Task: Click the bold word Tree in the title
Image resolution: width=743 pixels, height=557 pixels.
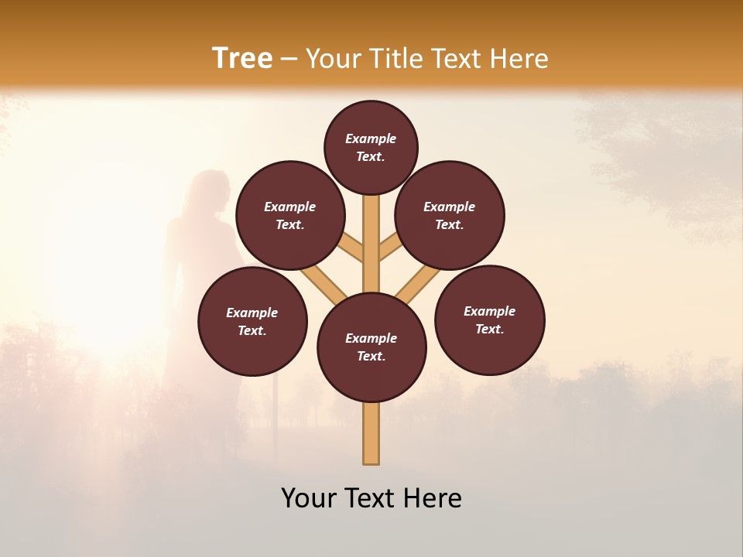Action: click(x=242, y=59)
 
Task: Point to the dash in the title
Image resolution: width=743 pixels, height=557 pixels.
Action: click(x=289, y=60)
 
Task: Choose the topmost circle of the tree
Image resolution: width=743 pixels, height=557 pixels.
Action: click(x=371, y=147)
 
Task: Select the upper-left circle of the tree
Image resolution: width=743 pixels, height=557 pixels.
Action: click(x=290, y=215)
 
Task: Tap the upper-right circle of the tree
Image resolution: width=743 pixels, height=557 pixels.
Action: click(x=450, y=215)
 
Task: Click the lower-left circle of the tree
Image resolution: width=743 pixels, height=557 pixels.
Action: click(x=252, y=321)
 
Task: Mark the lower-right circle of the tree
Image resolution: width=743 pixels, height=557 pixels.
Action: click(x=489, y=320)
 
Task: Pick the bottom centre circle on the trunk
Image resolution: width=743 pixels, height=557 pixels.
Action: click(x=371, y=347)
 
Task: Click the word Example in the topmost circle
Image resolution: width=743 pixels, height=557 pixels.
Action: click(x=371, y=138)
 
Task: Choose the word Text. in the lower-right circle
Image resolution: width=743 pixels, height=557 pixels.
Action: click(x=489, y=329)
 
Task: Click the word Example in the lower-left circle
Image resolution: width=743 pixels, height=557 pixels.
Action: click(x=252, y=313)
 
